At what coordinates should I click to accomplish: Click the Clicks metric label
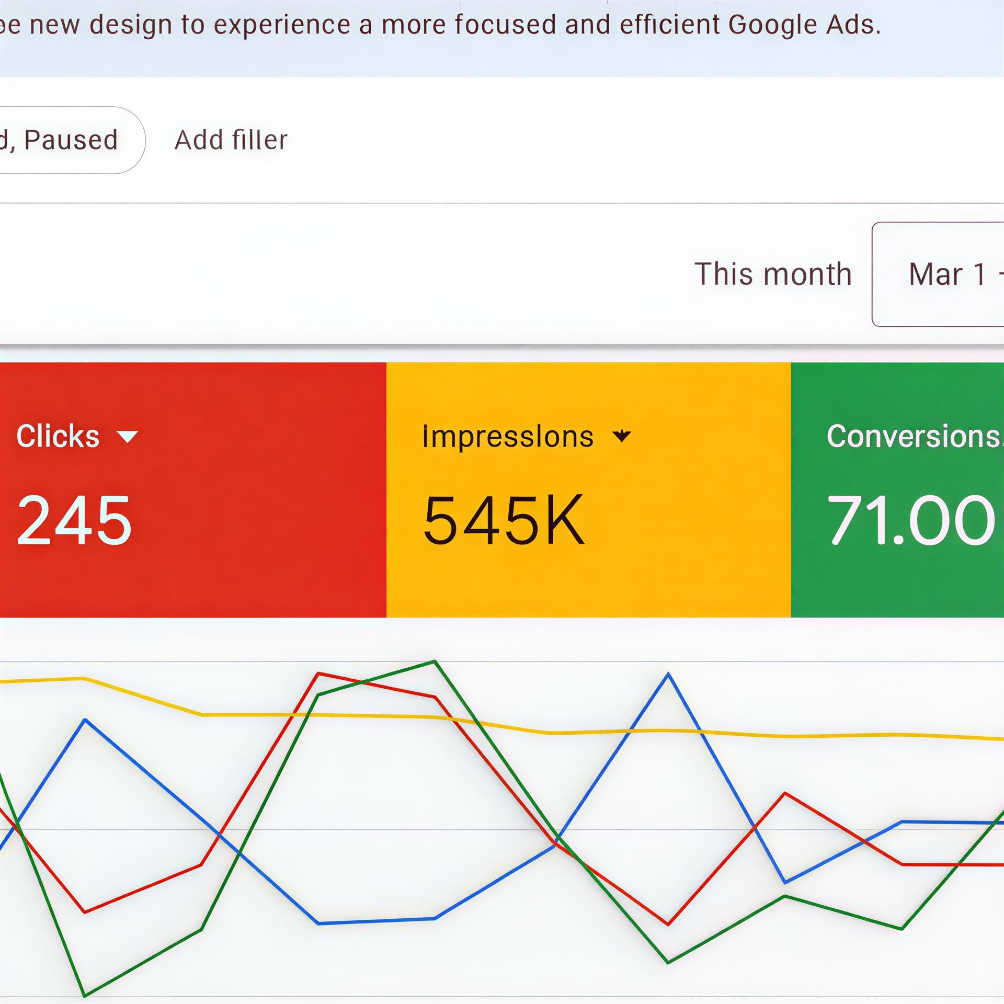[58, 436]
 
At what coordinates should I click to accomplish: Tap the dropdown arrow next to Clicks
[127, 437]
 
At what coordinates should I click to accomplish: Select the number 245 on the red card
[74, 521]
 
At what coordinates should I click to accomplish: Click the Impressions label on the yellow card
[508, 437]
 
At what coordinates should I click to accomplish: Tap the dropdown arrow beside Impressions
[622, 436]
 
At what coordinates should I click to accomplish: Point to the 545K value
[503, 521]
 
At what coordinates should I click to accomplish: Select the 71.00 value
[910, 521]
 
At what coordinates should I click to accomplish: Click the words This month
[773, 274]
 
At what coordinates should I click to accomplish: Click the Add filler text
[231, 140]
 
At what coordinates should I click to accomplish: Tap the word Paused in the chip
[71, 140]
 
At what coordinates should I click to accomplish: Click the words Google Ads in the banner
[804, 25]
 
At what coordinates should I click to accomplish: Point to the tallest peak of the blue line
[668, 674]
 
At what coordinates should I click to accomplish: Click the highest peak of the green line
[435, 661]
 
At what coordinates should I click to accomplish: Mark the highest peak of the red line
[318, 674]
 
